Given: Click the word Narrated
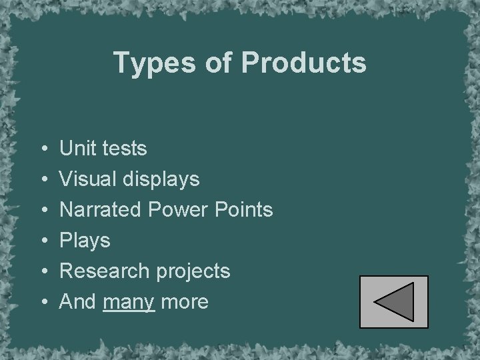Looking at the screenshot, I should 101,209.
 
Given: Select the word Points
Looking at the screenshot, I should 243,209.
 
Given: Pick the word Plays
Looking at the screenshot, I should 85,240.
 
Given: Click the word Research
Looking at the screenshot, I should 103,271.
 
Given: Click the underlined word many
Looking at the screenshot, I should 129,302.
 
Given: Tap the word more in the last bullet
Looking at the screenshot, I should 185,301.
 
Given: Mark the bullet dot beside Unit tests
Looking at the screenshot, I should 43,149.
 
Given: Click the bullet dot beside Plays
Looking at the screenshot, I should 43,241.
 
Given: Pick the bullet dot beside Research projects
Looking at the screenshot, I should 43,271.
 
